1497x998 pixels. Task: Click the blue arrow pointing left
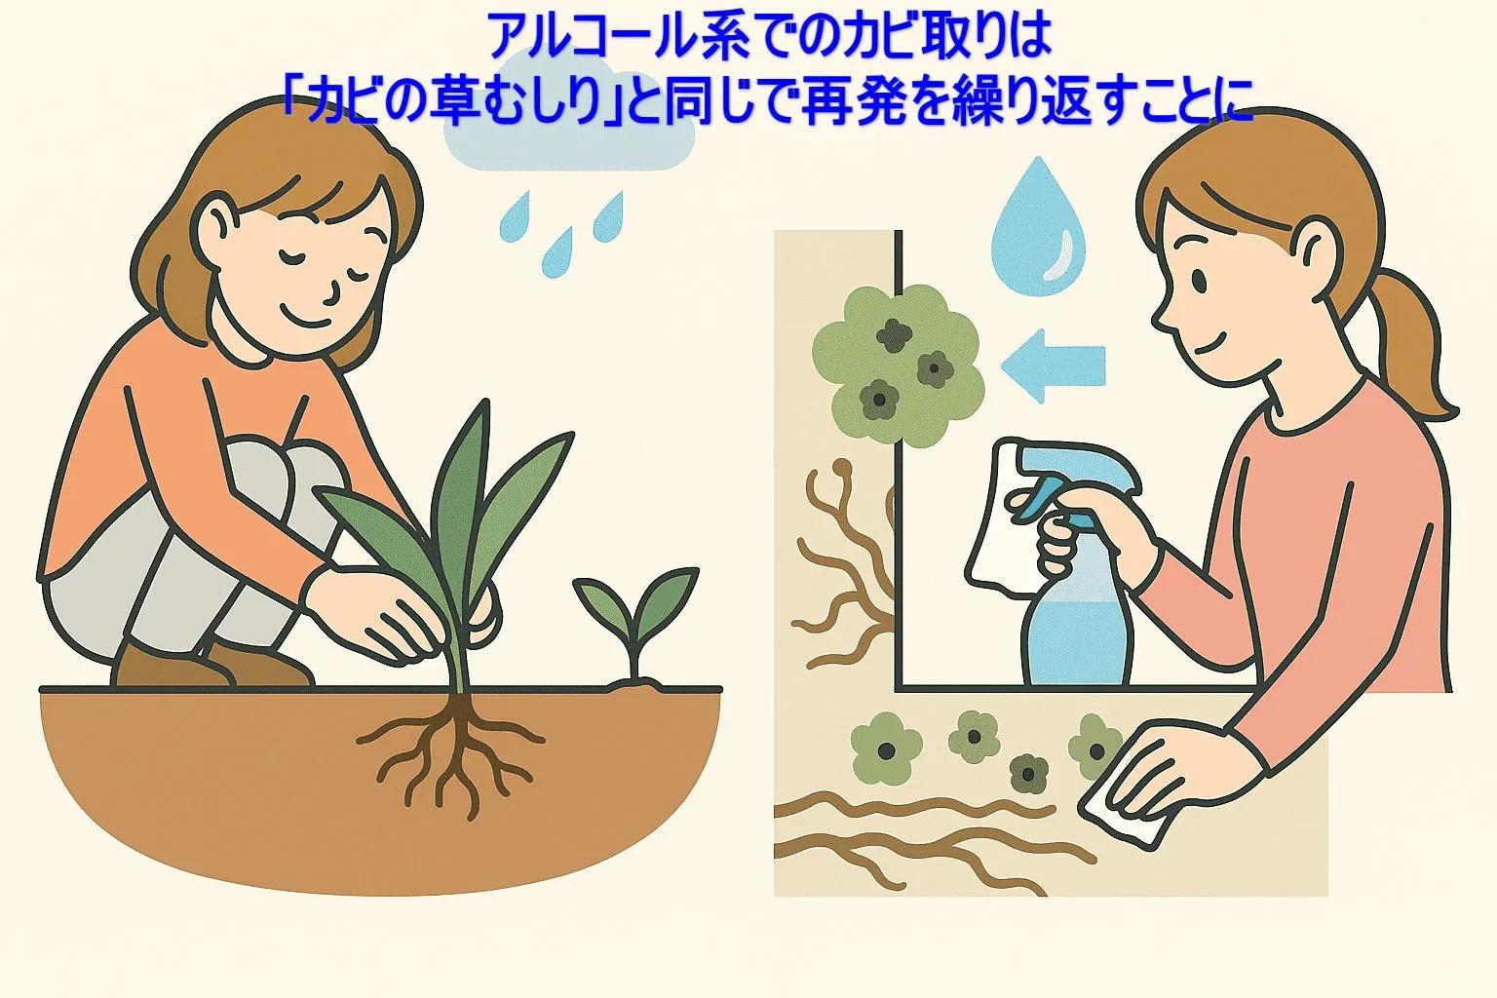(x=1053, y=366)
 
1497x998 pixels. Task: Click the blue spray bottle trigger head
(x=1069, y=482)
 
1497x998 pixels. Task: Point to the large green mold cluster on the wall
(x=898, y=365)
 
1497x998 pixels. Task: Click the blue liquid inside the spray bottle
(x=1076, y=641)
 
